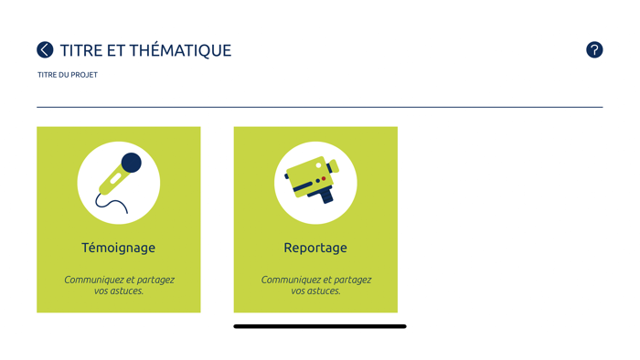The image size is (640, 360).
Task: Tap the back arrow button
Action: coord(45,49)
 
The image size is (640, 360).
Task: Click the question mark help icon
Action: coord(594,49)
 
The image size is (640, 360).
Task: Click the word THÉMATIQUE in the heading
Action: coord(180,50)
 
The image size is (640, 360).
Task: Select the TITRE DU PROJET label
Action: coord(68,75)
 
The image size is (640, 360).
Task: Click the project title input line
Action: coord(320,107)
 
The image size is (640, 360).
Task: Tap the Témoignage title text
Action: coord(118,248)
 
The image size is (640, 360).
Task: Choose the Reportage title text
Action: coord(315,248)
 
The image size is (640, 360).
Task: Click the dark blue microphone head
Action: coord(132,163)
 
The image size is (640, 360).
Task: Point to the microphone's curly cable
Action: coord(111,203)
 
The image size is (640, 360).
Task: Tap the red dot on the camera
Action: coord(324,178)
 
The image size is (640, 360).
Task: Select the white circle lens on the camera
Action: coord(318,165)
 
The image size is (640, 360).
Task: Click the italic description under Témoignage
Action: coord(119,285)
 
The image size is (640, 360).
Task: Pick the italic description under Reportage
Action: coord(316,285)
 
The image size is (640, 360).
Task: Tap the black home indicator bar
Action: coord(320,326)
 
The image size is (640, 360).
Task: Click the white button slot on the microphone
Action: coord(115,179)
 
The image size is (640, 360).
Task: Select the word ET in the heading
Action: coord(116,50)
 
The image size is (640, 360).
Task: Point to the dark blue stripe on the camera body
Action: coord(303,186)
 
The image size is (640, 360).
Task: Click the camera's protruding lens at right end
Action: coord(334,166)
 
